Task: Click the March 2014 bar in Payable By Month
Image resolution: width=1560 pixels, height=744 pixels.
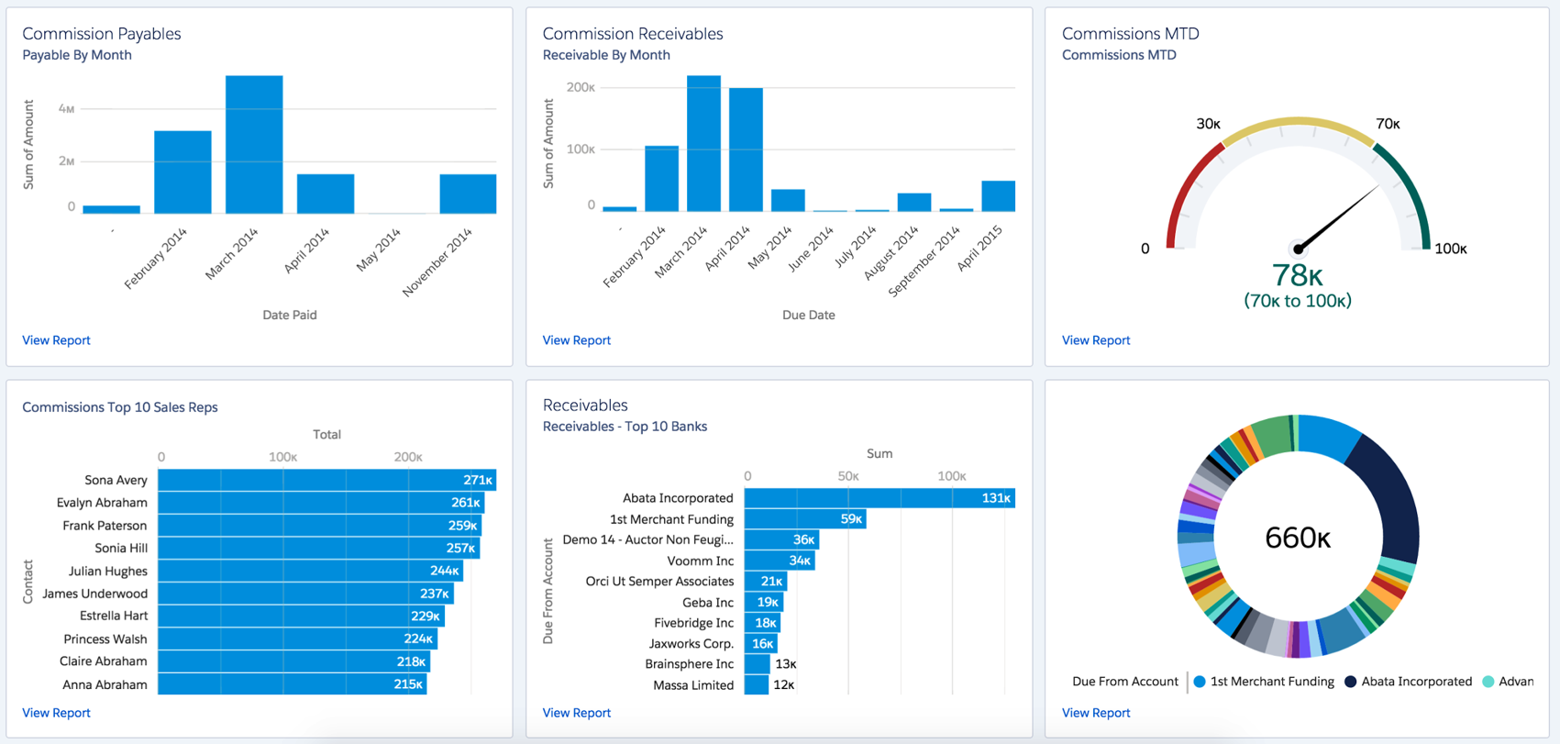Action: coord(254,145)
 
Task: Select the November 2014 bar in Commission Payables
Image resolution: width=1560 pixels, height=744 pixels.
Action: coord(468,194)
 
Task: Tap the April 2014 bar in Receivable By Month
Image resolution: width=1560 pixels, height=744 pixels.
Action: coord(746,150)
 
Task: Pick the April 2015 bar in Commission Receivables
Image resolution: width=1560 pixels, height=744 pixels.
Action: coord(998,196)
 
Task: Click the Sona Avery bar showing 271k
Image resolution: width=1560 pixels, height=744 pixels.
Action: coord(326,480)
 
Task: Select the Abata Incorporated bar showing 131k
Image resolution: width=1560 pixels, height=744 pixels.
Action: coord(879,498)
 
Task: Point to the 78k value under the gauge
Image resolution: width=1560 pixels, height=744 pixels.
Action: coord(1297,275)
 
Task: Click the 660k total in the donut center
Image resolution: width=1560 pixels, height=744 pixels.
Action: coord(1297,538)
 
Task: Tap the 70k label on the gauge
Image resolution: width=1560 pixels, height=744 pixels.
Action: coord(1388,124)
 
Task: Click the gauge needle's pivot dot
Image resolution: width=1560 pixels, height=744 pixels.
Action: coord(1298,249)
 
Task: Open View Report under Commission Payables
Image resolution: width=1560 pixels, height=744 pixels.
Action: coord(56,340)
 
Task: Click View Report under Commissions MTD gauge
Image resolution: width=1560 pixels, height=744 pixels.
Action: coord(1095,340)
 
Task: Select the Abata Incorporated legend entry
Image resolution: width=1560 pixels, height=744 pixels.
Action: coord(1415,682)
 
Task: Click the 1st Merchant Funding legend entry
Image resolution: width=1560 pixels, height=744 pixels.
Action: coord(1271,682)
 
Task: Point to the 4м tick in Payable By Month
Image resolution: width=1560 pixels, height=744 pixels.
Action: coord(66,108)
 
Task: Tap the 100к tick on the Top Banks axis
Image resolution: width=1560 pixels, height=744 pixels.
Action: coord(951,476)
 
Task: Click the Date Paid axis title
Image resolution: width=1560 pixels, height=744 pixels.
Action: coord(290,315)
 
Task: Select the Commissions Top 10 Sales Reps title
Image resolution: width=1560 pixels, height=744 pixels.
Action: coord(120,407)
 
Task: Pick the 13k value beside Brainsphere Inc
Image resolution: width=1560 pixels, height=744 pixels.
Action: coord(785,664)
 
